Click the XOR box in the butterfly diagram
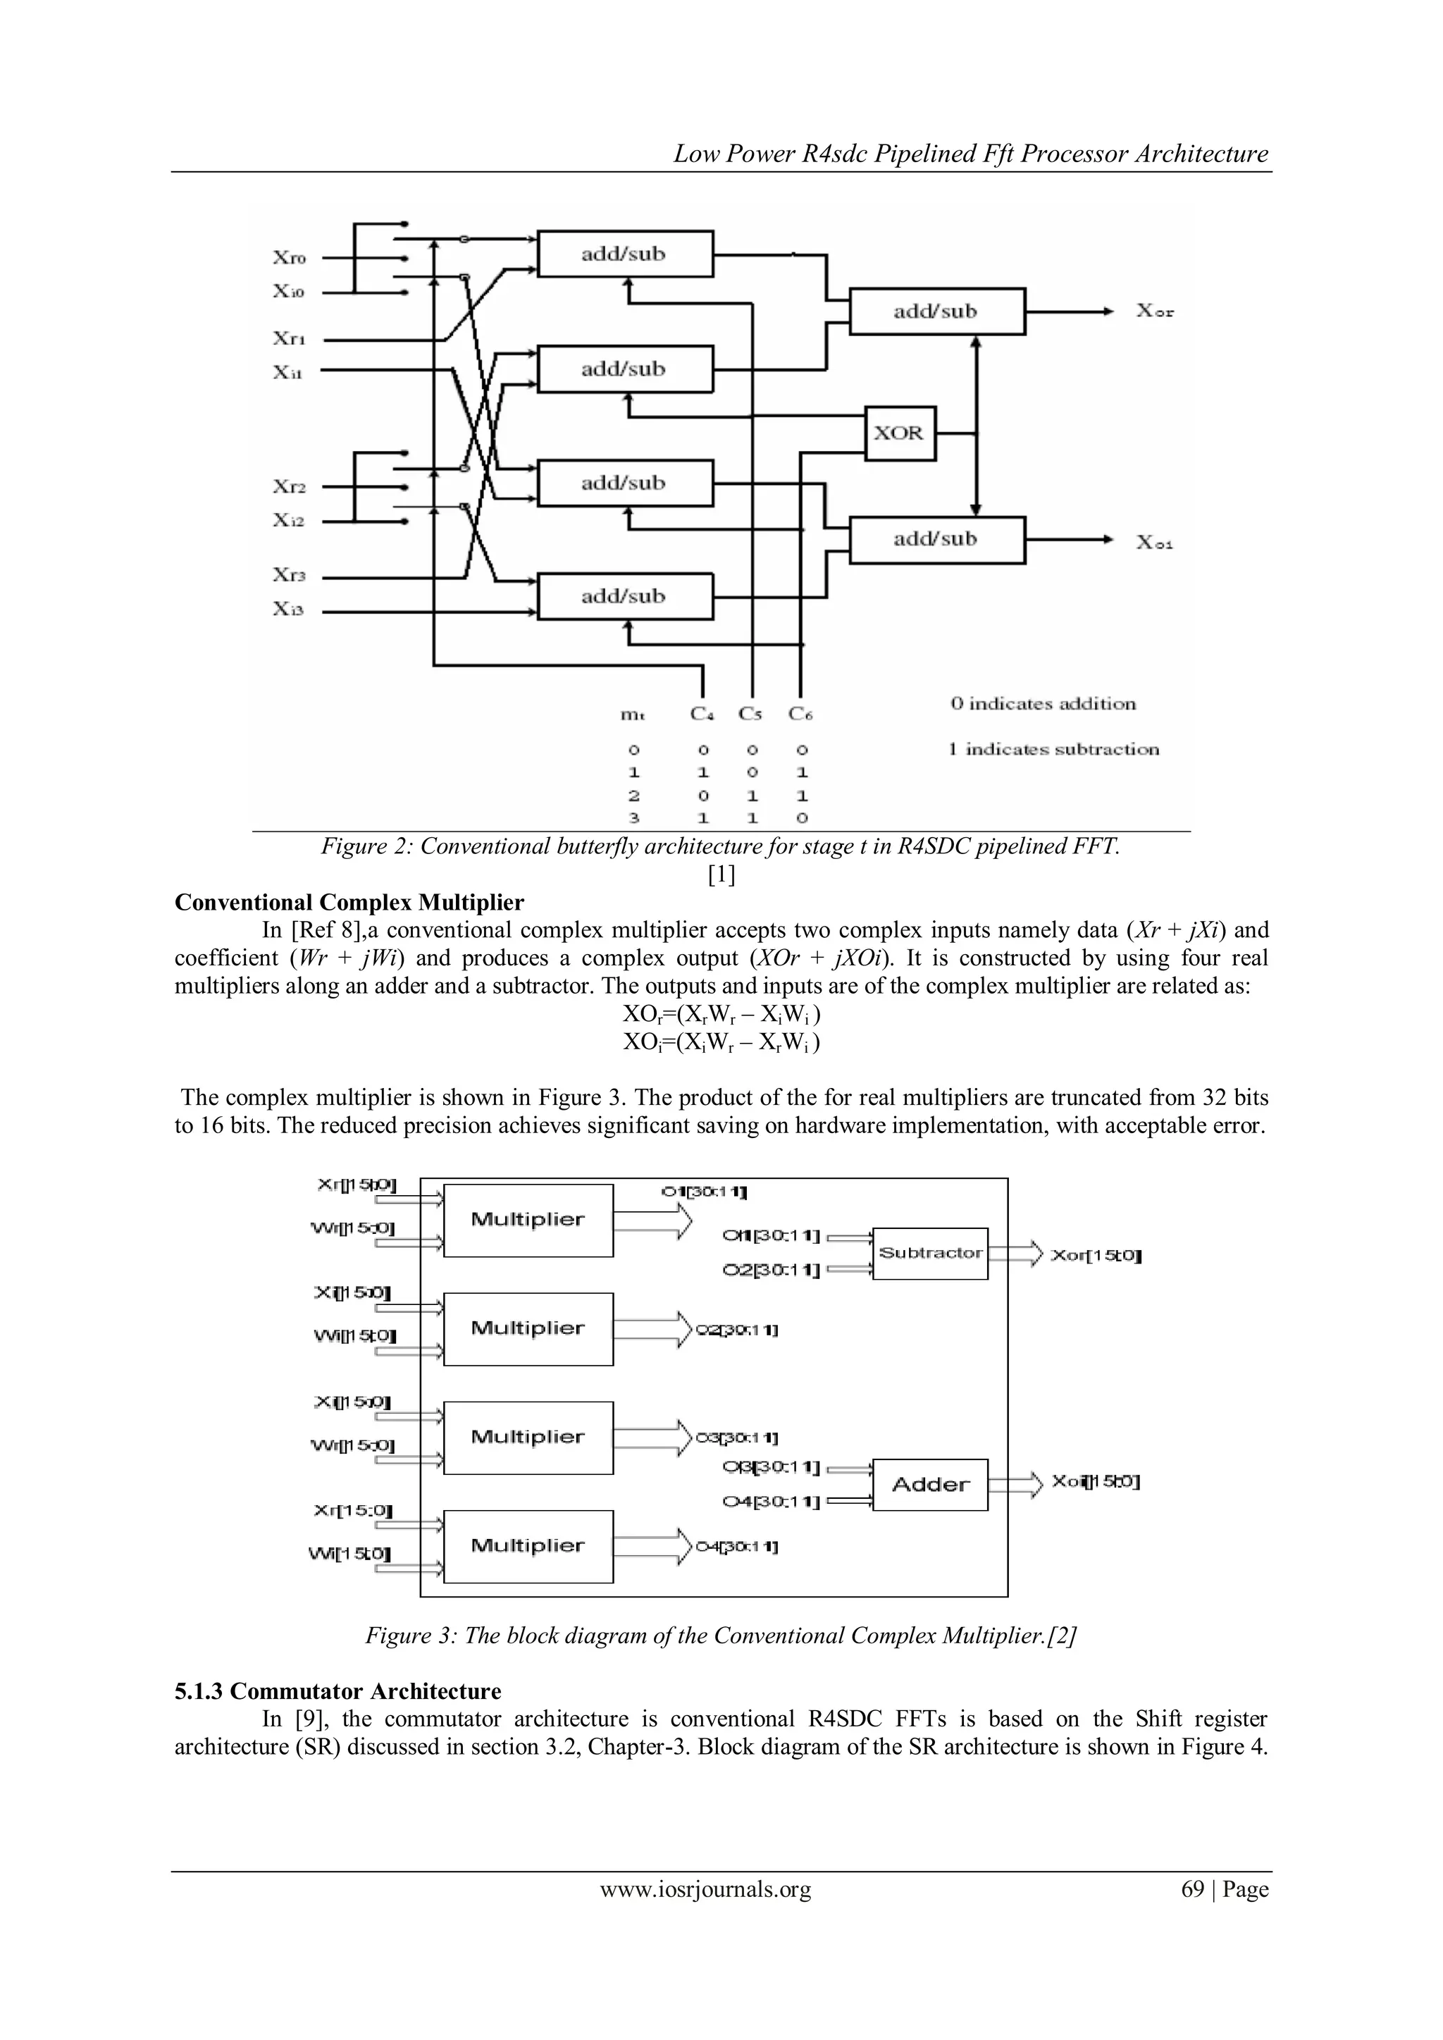click(x=900, y=433)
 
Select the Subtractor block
click(x=930, y=1253)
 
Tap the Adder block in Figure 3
click(x=930, y=1485)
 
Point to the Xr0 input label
click(x=289, y=258)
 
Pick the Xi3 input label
click(x=289, y=610)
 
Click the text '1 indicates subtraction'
click(x=1054, y=749)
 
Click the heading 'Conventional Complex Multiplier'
click(x=349, y=903)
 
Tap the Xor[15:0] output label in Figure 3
click(x=1096, y=1256)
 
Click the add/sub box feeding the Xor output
click(x=937, y=311)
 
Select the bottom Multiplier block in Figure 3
click(x=528, y=1546)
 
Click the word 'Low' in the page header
click(x=690, y=154)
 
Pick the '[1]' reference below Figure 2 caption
click(x=721, y=875)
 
